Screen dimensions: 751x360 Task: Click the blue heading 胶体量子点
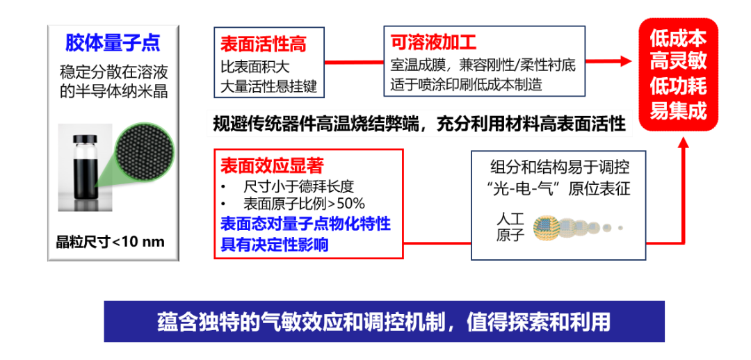113,43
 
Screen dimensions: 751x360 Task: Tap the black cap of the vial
86,139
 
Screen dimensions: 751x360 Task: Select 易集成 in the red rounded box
678,111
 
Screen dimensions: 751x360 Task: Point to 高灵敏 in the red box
678,63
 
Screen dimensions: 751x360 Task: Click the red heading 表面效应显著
272,165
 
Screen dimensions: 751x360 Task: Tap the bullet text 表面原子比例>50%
304,204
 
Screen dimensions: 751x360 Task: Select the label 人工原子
510,227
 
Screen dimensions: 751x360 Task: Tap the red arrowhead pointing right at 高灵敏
626,61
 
